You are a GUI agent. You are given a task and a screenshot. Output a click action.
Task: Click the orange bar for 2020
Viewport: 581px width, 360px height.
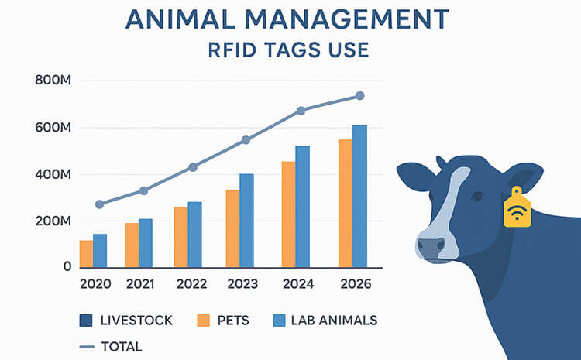pos(86,254)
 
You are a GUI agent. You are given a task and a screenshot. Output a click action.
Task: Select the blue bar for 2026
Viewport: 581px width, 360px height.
pos(359,196)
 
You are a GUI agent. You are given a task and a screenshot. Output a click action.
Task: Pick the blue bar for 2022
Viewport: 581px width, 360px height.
pos(194,235)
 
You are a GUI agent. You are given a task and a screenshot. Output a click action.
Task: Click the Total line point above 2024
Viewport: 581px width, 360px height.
pos(301,111)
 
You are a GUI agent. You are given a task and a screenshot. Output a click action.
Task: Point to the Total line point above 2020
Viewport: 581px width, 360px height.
pos(99,204)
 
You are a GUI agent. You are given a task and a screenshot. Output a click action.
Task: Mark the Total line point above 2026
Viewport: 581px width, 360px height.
pos(359,96)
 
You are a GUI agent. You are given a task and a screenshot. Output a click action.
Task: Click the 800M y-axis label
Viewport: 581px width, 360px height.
pos(53,81)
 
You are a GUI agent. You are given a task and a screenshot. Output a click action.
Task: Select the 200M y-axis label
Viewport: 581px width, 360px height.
pos(53,221)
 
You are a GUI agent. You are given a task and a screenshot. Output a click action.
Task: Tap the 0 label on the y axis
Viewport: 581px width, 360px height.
pos(67,267)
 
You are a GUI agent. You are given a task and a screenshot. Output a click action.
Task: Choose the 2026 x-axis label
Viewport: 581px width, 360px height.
pos(356,284)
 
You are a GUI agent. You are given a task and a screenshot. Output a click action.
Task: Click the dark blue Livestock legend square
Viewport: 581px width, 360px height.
pos(87,320)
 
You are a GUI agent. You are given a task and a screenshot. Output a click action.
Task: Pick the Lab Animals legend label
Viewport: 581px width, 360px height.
pos(334,320)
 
